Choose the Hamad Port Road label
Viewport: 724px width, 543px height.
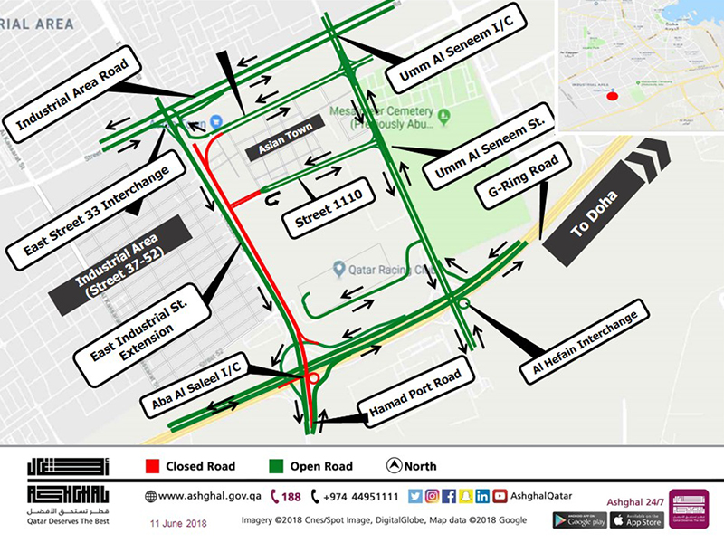coord(415,398)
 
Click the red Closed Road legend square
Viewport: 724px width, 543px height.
coord(152,467)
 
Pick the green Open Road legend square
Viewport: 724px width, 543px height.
coord(275,467)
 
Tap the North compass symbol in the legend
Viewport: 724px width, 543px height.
coord(394,467)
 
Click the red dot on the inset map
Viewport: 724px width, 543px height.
coord(613,95)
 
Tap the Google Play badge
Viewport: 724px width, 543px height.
coord(579,520)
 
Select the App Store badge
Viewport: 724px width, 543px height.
coord(636,520)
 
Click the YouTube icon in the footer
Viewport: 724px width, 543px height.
coord(500,496)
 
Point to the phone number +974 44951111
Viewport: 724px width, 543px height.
coord(358,496)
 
